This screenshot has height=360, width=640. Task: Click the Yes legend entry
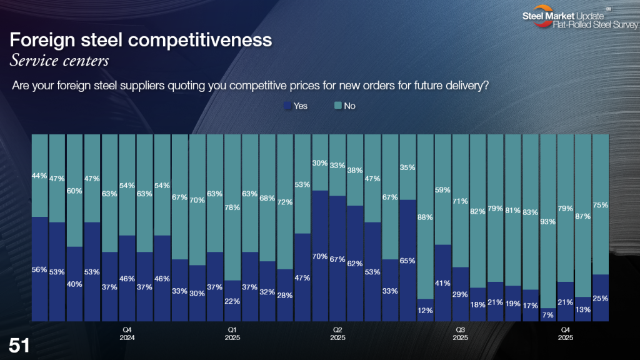tap(296, 106)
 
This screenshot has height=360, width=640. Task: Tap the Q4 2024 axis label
tap(127, 333)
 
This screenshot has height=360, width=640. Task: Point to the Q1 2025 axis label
tap(232, 333)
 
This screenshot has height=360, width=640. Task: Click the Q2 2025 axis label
tap(337, 333)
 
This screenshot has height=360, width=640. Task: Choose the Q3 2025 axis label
tap(460, 333)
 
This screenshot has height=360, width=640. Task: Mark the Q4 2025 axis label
tap(566, 333)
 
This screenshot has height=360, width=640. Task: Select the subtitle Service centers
tap(60, 61)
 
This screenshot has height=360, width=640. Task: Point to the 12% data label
tap(425, 311)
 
